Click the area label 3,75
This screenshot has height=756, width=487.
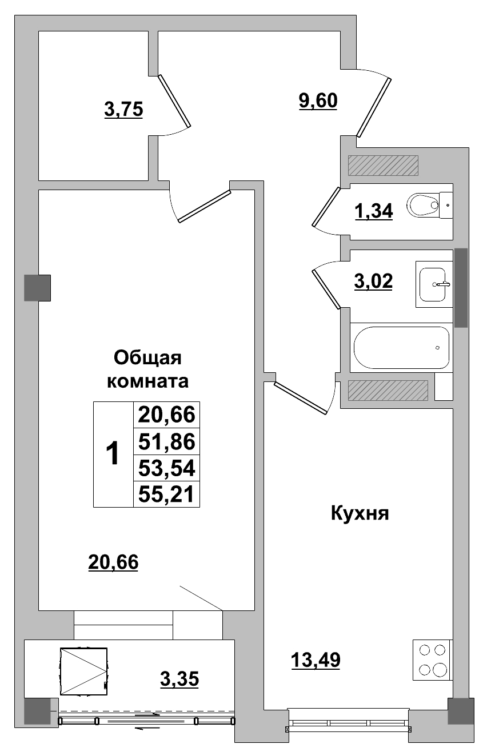click(x=123, y=108)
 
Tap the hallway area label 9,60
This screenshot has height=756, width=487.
click(x=318, y=100)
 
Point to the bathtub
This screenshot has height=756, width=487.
click(x=401, y=348)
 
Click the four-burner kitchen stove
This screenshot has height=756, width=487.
click(x=432, y=660)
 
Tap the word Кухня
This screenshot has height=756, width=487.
click(x=360, y=513)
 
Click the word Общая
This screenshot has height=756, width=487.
click(x=147, y=358)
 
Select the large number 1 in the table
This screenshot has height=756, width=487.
click(x=113, y=455)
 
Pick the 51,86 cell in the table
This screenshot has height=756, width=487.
click(x=166, y=441)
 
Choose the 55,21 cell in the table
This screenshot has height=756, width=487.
click(x=166, y=494)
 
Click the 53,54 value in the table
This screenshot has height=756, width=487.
click(x=166, y=468)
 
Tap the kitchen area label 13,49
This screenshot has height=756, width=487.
click(x=316, y=660)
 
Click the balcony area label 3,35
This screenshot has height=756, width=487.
click(x=179, y=679)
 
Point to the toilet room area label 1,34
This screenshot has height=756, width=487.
click(x=373, y=211)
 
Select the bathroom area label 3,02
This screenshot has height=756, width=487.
click(x=373, y=282)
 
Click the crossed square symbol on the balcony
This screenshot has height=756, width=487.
click(x=83, y=671)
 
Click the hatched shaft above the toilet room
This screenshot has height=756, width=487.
click(x=384, y=166)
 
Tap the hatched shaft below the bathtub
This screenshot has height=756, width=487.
click(x=388, y=390)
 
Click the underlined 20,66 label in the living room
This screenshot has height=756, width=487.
click(x=113, y=562)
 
